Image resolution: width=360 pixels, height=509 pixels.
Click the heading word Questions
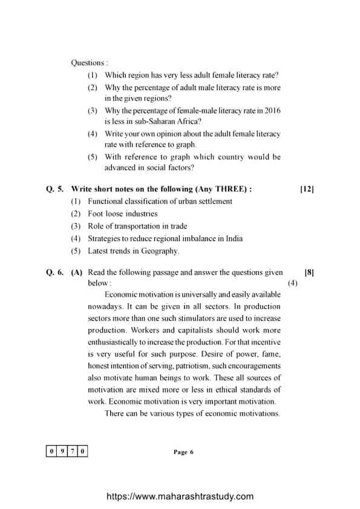pyautogui.click(x=88, y=63)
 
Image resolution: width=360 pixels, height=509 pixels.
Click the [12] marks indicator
pyautogui.click(x=307, y=189)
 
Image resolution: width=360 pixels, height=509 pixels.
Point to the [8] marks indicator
pyautogui.click(x=309, y=273)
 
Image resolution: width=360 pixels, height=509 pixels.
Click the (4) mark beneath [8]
pyautogui.click(x=292, y=283)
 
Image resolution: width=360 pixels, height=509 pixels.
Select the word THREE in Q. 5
pyautogui.click(x=226, y=189)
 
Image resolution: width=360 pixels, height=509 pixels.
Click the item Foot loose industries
pyautogui.click(x=122, y=213)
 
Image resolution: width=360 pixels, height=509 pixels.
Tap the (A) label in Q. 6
pyautogui.click(x=77, y=273)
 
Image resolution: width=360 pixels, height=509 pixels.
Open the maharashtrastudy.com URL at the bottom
pyautogui.click(x=180, y=496)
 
